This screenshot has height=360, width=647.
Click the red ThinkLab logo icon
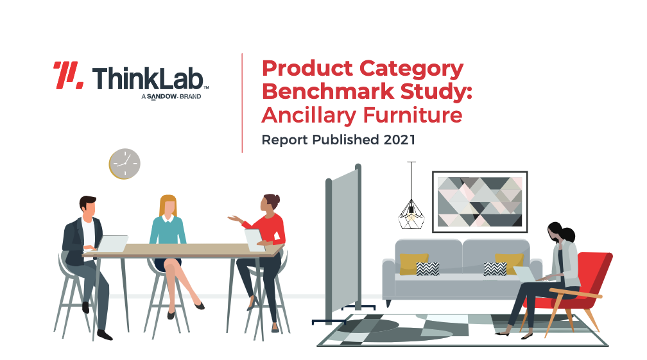(69, 75)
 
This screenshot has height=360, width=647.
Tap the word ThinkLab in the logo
(148, 78)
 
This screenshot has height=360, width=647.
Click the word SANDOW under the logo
(162, 96)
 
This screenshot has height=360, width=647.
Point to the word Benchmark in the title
(328, 91)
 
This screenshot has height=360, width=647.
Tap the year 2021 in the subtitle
(399, 140)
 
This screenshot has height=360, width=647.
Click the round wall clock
(125, 164)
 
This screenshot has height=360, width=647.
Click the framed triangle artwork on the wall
(480, 202)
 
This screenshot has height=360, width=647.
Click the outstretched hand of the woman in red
(234, 218)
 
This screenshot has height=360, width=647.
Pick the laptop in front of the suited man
(112, 243)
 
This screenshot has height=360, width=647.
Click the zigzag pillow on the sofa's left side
(427, 269)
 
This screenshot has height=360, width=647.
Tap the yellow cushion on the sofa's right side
(510, 263)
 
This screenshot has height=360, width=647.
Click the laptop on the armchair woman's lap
(525, 274)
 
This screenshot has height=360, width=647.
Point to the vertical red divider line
(242, 103)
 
